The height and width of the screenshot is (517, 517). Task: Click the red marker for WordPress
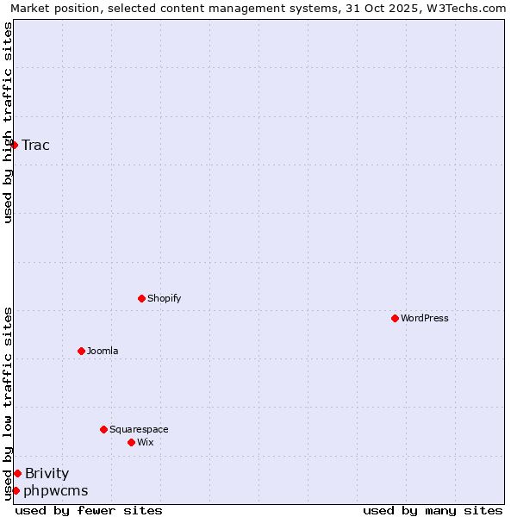395,318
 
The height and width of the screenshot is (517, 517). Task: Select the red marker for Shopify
141,298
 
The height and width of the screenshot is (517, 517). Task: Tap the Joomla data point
81,351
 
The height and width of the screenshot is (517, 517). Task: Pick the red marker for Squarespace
103,429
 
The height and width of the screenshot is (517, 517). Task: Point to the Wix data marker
131,442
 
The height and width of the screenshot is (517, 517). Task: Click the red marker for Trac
15,145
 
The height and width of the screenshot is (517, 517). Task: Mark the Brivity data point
17,473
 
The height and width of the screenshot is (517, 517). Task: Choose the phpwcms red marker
16,490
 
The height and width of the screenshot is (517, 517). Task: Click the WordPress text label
425,318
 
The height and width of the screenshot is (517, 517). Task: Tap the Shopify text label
165,298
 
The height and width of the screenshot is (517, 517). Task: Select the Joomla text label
103,351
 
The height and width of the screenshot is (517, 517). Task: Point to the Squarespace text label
139,429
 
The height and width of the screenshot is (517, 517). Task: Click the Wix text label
146,442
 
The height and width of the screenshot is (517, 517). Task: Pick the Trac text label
36,145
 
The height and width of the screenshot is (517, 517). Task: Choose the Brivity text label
47,473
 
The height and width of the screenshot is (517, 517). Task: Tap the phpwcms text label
56,490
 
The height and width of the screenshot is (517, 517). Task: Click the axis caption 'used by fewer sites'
89,510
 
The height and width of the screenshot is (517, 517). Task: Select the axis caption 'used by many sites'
433,510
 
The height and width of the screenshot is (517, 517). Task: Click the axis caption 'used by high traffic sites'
9,122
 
